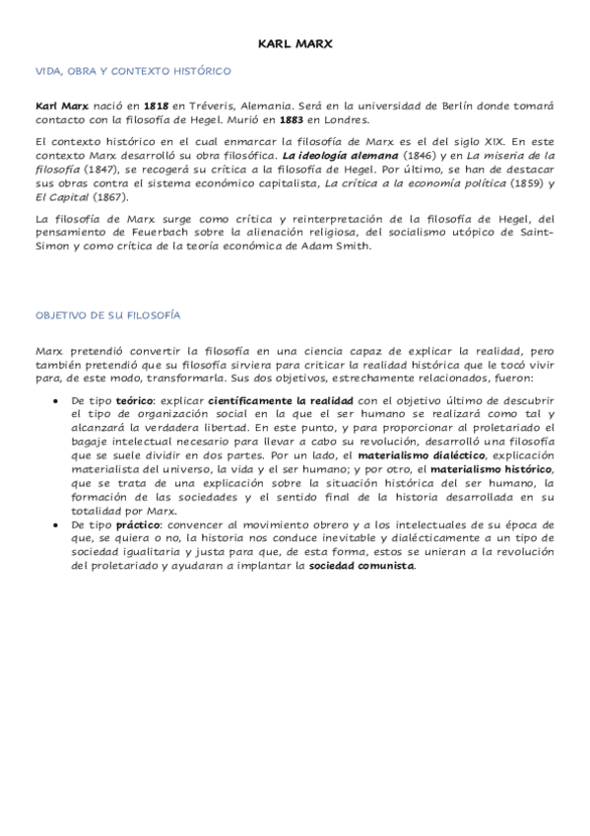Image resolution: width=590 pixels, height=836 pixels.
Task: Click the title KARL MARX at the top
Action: pos(295,44)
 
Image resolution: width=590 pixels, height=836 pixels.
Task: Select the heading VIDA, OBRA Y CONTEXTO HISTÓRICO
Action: pos(133,71)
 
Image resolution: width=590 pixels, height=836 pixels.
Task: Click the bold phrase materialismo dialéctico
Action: pos(407,457)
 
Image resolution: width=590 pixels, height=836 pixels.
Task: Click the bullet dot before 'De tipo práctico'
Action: pos(51,526)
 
